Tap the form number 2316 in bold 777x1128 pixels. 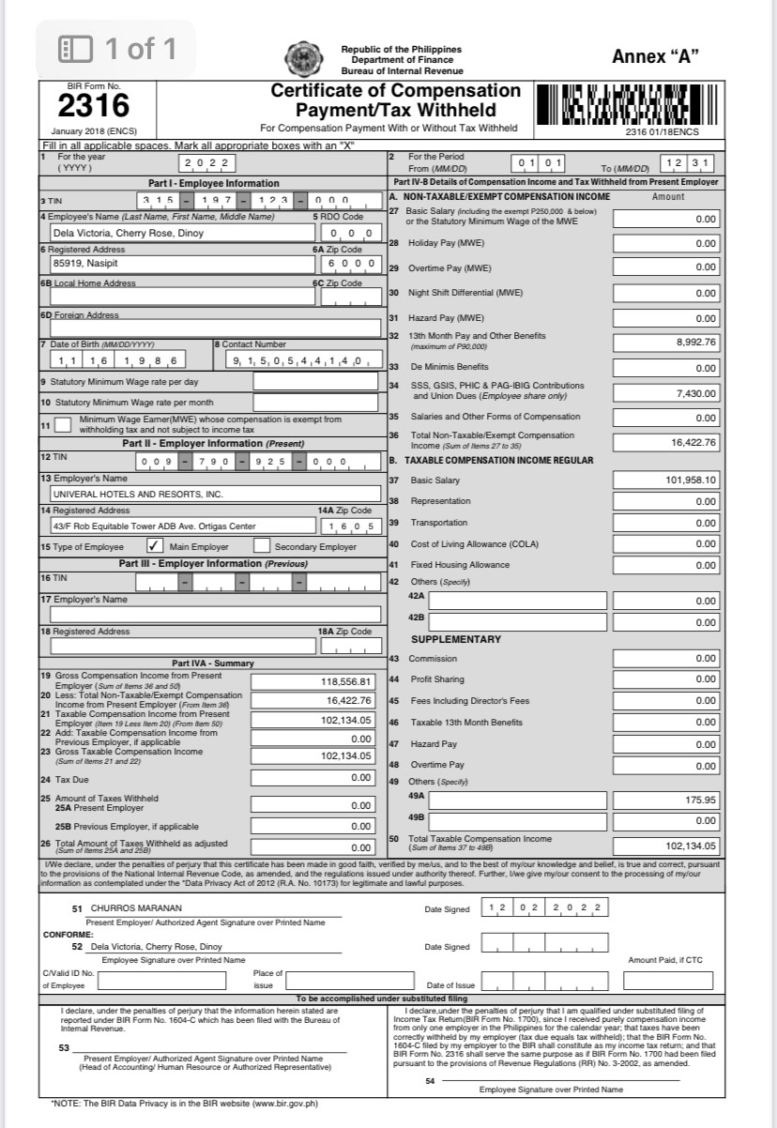pos(94,104)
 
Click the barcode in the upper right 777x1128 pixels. pos(630,104)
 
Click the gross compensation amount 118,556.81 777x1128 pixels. pos(347,681)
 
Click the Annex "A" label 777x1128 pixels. pos(655,56)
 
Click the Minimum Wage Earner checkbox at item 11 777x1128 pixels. pos(63,424)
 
